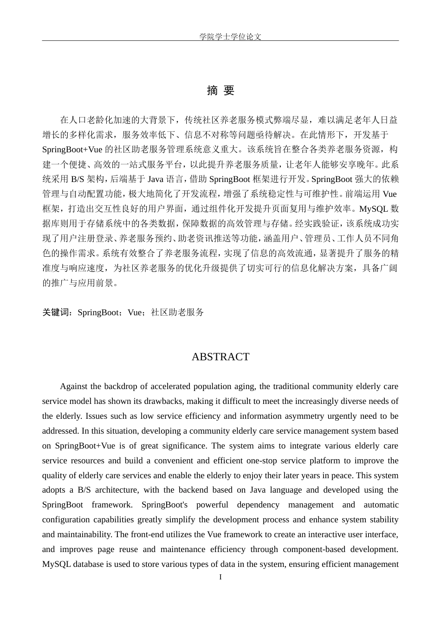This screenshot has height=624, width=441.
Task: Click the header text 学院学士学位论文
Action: click(x=230, y=37)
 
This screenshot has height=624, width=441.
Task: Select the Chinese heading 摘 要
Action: click(x=220, y=91)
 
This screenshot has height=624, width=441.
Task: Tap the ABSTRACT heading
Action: click(x=220, y=357)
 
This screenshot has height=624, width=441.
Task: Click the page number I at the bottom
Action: click(x=220, y=577)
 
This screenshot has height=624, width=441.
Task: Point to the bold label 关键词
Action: click(x=57, y=312)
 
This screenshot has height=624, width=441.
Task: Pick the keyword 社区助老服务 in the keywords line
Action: click(x=177, y=312)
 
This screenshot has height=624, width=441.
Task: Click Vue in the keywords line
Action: click(x=135, y=312)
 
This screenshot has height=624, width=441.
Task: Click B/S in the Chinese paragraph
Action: click(x=77, y=179)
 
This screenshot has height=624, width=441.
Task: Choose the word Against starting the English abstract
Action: click(x=74, y=386)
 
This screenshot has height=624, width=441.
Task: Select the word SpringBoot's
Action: click(x=165, y=505)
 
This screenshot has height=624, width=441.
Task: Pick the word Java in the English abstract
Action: click(x=258, y=490)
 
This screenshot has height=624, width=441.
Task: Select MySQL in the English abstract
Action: click(x=57, y=564)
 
